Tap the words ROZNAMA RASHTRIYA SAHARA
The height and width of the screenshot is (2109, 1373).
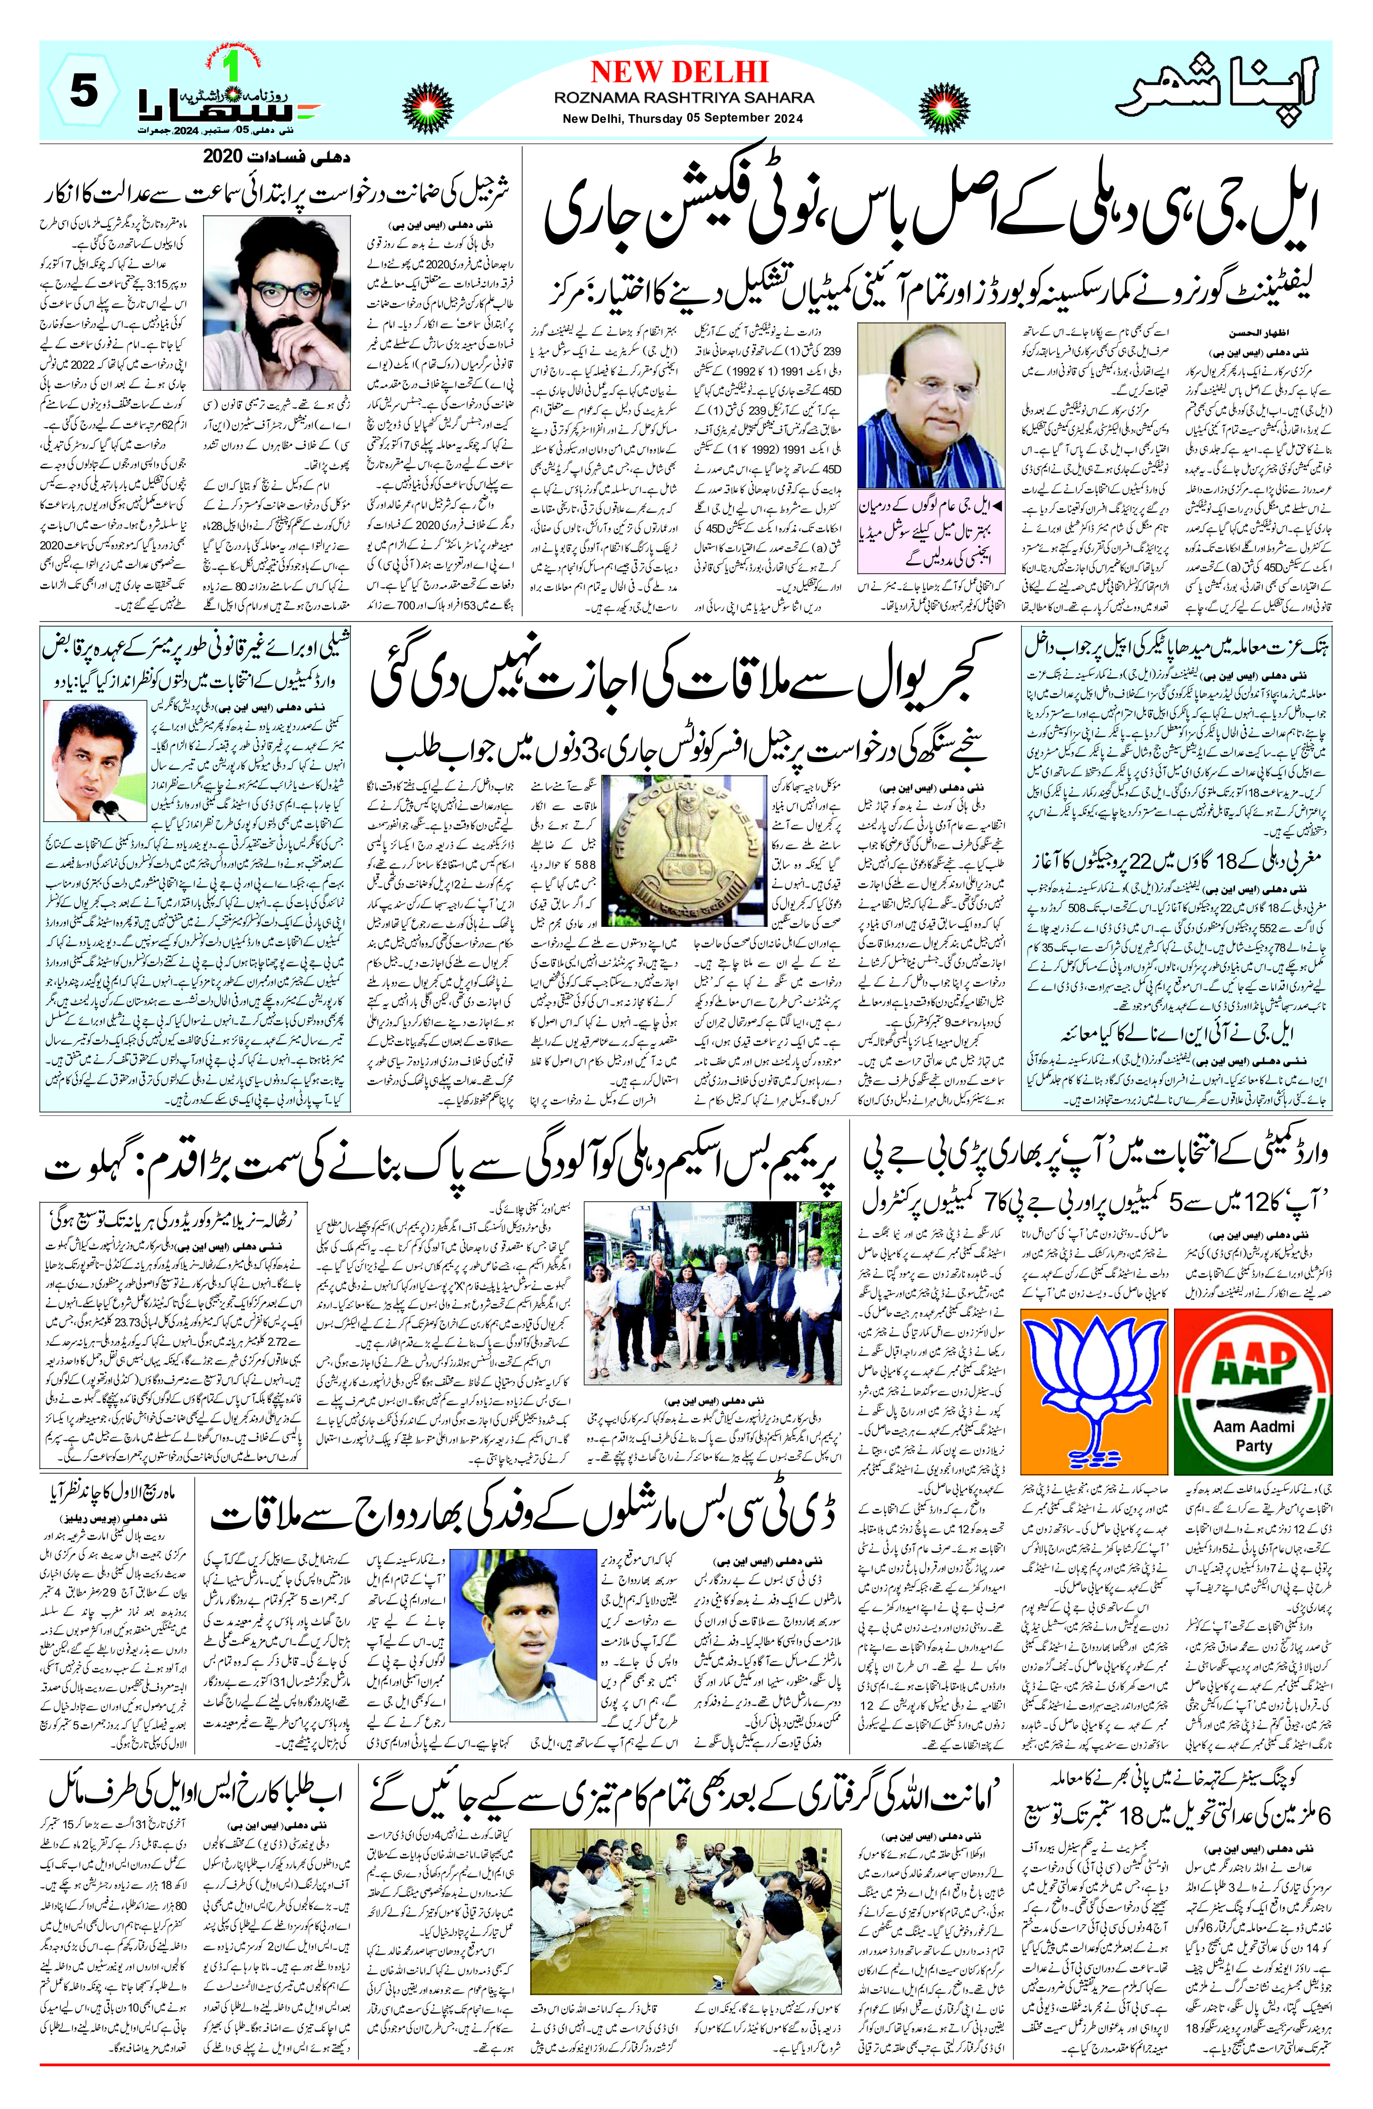(684, 98)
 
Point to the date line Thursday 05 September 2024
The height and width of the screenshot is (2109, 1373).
(682, 119)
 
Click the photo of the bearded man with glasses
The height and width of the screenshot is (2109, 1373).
(277, 303)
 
